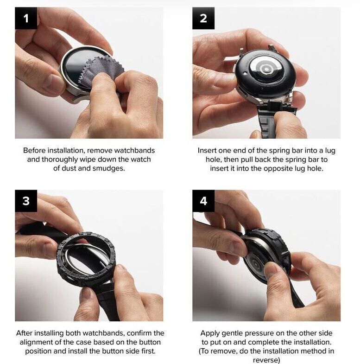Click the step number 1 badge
coord(26,18)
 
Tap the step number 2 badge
coord(203,18)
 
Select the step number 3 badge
coord(26,201)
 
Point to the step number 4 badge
coord(203,201)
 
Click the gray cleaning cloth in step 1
coord(100,69)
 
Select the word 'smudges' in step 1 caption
coord(108,168)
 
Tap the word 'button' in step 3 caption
coord(150,342)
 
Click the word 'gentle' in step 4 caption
coord(232,333)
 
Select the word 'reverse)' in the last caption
coord(266,360)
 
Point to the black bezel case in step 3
coord(86,258)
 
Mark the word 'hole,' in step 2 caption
coord(214,160)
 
